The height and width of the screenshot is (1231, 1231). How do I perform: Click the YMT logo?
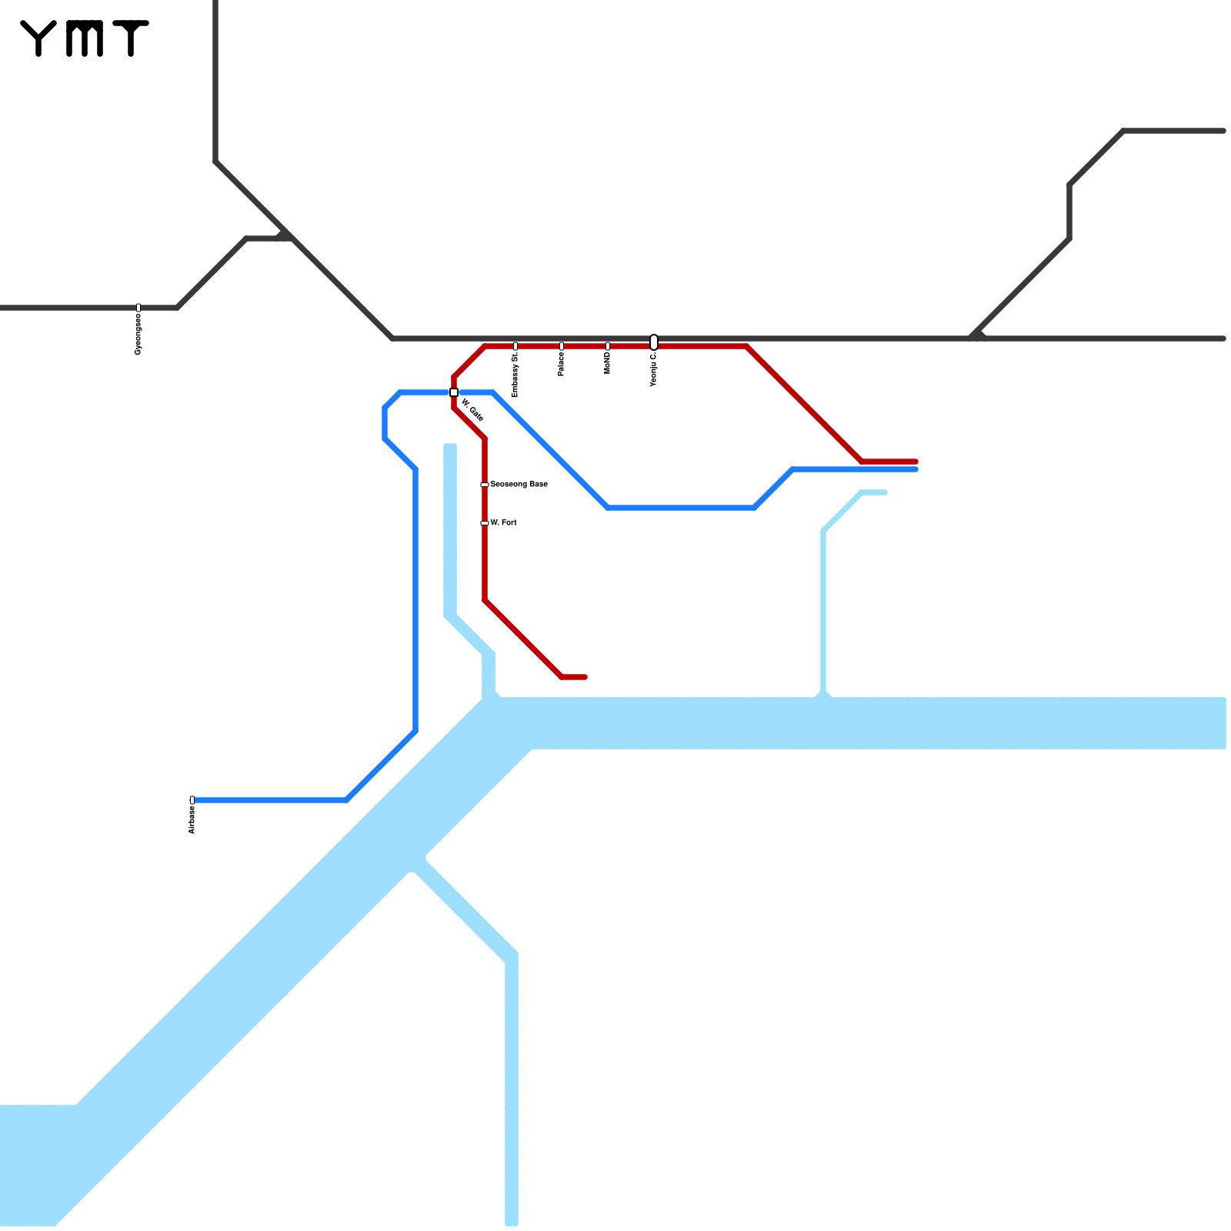click(85, 38)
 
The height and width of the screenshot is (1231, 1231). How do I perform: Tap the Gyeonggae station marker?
click(138, 308)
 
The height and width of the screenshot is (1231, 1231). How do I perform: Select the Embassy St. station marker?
click(515, 346)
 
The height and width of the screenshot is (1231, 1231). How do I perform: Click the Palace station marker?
click(562, 346)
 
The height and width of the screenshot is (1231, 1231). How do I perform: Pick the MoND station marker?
click(608, 346)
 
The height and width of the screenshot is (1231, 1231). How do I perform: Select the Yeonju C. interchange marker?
click(654, 342)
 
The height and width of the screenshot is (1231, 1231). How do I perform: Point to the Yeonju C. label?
click(654, 370)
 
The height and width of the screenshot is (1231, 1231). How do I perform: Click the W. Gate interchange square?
click(454, 392)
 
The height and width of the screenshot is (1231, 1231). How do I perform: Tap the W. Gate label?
click(472, 410)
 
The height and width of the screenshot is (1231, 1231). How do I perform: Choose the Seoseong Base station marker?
click(485, 485)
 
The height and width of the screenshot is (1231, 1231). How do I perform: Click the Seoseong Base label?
click(519, 485)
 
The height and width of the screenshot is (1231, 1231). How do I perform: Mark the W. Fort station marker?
click(485, 523)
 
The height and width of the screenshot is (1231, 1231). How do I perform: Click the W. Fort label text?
click(504, 523)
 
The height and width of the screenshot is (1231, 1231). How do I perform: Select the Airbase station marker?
click(192, 800)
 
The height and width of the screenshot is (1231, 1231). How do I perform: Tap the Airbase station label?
click(192, 820)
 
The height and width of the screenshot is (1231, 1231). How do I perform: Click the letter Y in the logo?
click(38, 38)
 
